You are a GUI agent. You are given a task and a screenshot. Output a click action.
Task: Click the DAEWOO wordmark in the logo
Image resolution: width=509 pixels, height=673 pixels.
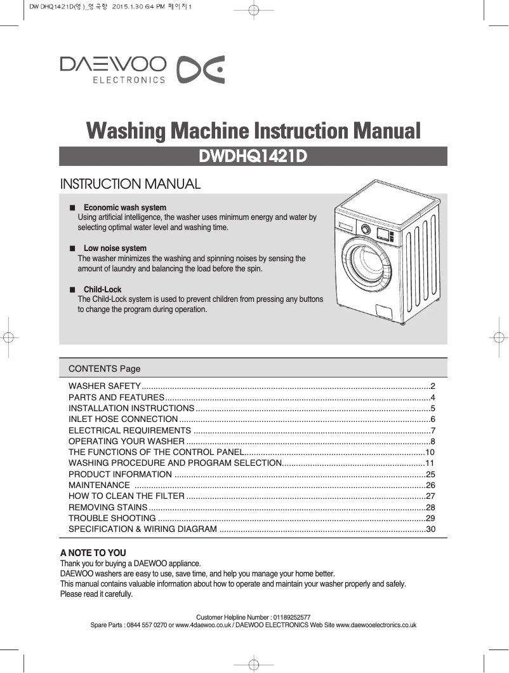point(113,65)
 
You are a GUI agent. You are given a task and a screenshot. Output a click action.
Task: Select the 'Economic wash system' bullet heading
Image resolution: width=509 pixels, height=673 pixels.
point(125,208)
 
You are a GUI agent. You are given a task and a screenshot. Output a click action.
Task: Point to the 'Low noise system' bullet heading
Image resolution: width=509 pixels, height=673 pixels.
point(115,248)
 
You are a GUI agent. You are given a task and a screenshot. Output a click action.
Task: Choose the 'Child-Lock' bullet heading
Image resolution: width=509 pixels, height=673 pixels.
point(102,290)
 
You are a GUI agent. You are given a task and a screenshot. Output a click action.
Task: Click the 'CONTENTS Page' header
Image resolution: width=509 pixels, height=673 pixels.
point(104,369)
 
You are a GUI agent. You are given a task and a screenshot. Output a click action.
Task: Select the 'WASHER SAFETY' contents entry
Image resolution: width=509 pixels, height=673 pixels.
point(105,386)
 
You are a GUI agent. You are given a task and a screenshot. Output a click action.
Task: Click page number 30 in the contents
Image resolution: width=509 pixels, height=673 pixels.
point(430,529)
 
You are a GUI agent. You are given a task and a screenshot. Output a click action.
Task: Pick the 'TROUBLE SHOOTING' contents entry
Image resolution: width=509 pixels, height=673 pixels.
point(109,518)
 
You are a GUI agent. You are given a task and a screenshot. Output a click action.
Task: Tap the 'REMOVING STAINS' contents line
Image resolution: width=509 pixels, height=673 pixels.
point(107,507)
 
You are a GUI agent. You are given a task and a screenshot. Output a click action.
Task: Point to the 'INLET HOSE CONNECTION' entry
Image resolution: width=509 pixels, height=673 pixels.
point(123,419)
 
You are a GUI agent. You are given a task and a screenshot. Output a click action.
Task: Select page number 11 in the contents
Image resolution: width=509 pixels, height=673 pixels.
point(430,463)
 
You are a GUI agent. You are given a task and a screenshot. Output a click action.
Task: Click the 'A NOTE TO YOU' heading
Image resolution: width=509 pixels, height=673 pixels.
point(93,553)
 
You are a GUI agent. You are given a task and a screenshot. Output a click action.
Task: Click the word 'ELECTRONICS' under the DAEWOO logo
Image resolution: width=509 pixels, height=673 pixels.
point(129,80)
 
